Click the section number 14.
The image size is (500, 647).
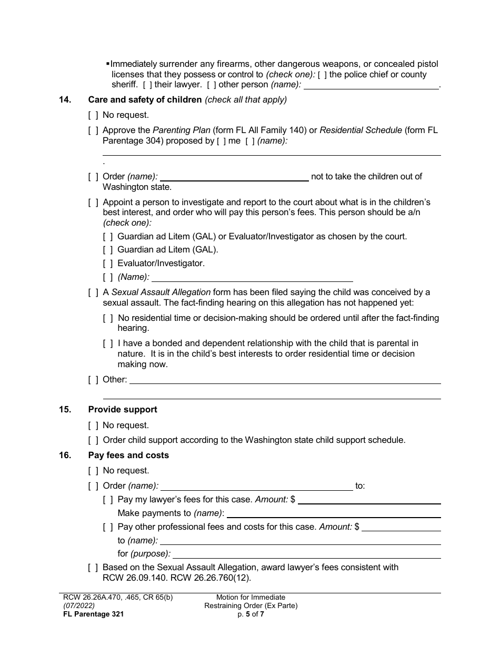pos(65,99)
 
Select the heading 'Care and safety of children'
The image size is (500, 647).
pos(145,99)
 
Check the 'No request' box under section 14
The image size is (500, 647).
pos(93,115)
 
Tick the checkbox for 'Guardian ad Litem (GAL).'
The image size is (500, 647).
pos(107,250)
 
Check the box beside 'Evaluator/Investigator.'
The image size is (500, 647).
pos(107,264)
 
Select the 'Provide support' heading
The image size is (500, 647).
pos(123,410)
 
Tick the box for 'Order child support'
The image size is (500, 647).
pos(93,440)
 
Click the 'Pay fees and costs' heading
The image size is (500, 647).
pos(128,456)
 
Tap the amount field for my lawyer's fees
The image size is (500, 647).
pos(369,500)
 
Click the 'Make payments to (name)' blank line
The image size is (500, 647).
pos(333,514)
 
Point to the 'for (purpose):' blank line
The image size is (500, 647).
pos(306,554)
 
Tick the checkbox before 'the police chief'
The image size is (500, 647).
pos(322,75)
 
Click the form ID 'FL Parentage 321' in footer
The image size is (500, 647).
pos(92,613)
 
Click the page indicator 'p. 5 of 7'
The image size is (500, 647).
pos(251,613)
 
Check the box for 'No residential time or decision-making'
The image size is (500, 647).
pos(107,318)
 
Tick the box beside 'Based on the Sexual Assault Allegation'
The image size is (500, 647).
pos(93,568)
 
